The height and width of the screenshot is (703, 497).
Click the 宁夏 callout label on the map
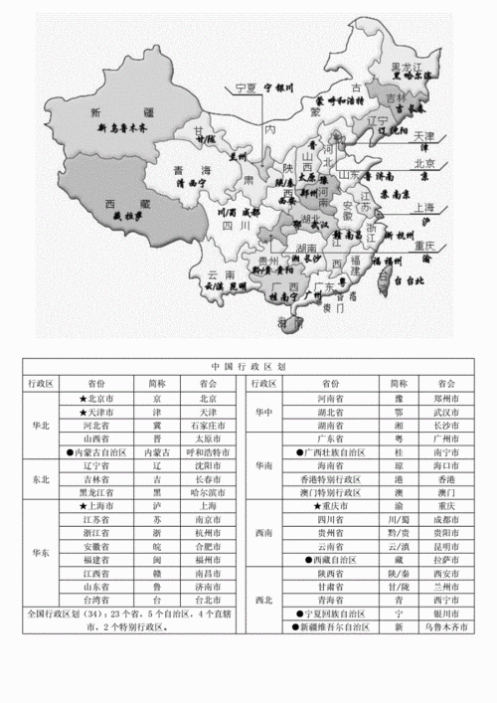coord(244,88)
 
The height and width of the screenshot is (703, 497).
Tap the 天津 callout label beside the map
coord(424,135)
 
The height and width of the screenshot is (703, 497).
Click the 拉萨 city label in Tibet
coord(128,215)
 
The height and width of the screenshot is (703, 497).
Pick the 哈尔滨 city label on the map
coord(411,75)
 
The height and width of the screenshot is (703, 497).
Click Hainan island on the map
coord(289,323)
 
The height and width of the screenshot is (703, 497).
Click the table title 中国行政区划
coord(248,366)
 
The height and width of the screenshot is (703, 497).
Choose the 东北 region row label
coord(42,478)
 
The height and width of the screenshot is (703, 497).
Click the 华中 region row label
coord(263,412)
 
